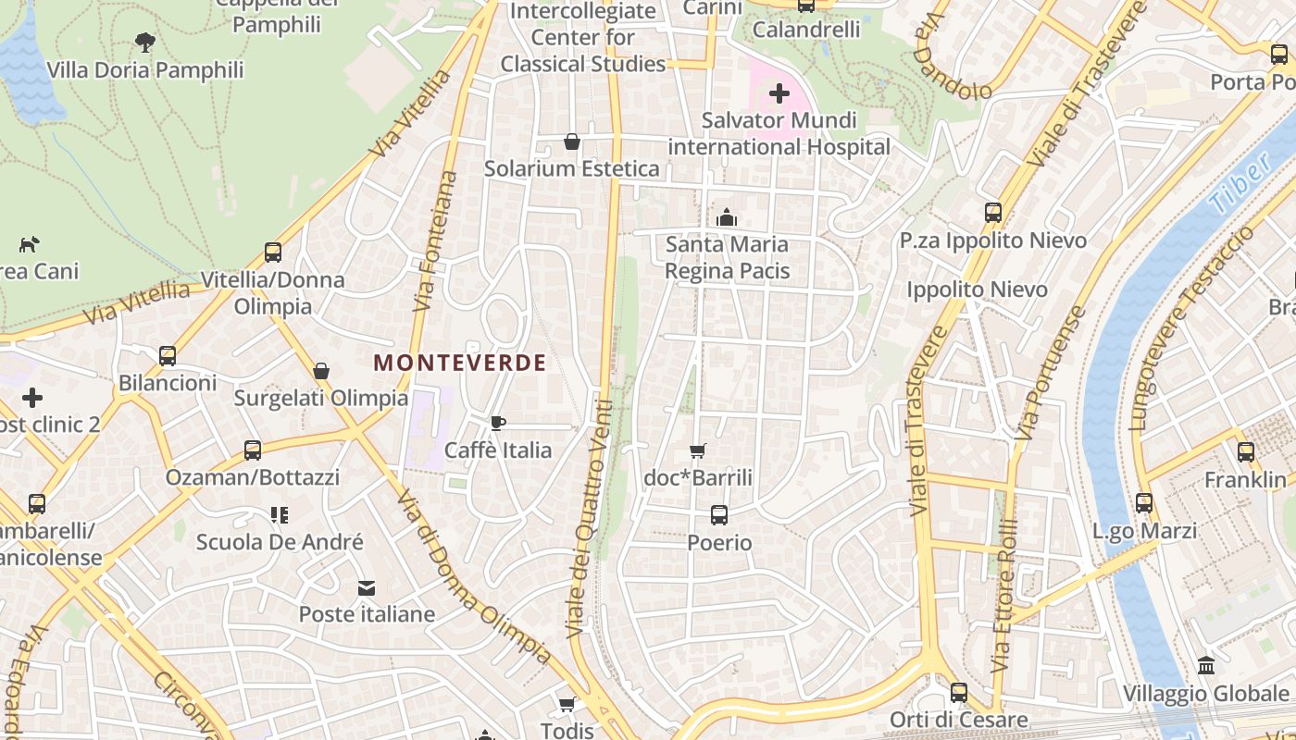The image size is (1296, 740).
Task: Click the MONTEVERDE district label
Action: [x=459, y=364]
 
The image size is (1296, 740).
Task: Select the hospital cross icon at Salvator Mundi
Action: [x=779, y=92]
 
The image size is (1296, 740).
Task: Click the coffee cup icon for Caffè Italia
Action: [x=498, y=424]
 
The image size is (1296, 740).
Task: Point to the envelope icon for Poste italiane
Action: [x=368, y=588]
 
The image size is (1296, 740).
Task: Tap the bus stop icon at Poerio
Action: [x=719, y=515]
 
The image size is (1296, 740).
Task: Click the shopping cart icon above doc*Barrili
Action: [x=698, y=451]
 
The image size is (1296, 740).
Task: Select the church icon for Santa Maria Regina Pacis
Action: [x=727, y=217]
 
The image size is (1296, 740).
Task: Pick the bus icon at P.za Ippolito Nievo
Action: [x=993, y=213]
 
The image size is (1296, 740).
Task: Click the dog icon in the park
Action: [x=30, y=244]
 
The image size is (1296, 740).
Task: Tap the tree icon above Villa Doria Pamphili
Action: [x=144, y=42]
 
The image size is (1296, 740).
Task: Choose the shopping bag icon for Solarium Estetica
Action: [x=572, y=142]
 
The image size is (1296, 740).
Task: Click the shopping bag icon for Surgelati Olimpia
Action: [x=321, y=371]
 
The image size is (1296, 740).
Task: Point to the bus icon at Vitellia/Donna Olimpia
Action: [x=273, y=253]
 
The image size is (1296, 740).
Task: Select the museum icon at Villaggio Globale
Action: [x=1206, y=666]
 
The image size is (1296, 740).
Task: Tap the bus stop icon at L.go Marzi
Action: [x=1144, y=503]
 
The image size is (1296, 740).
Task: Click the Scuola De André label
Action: [x=280, y=542]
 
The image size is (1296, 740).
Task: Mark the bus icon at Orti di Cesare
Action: [x=959, y=692]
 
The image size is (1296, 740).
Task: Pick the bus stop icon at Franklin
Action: [x=1246, y=452]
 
